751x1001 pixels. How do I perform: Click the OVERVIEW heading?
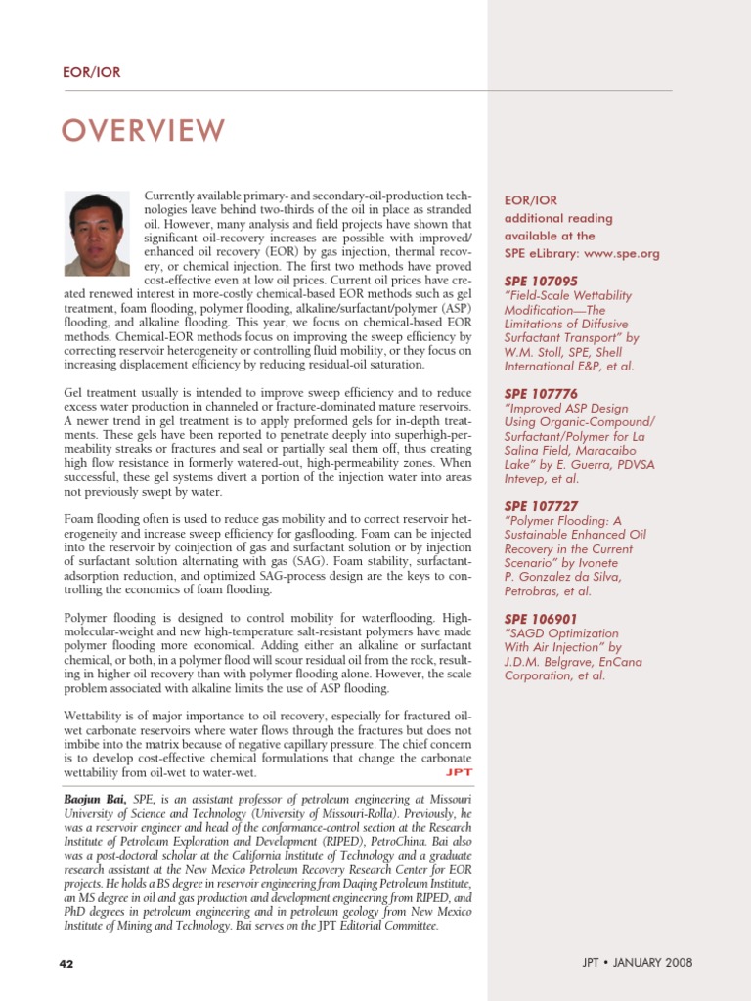tap(144, 130)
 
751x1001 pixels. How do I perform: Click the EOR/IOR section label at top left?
tap(91, 72)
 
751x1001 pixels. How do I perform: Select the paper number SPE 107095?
tap(541, 282)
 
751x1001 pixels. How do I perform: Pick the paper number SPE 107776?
tap(541, 394)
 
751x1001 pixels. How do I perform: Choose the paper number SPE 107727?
tap(541, 506)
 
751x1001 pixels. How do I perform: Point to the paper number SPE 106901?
tap(541, 620)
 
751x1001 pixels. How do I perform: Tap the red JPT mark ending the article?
tap(459, 772)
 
